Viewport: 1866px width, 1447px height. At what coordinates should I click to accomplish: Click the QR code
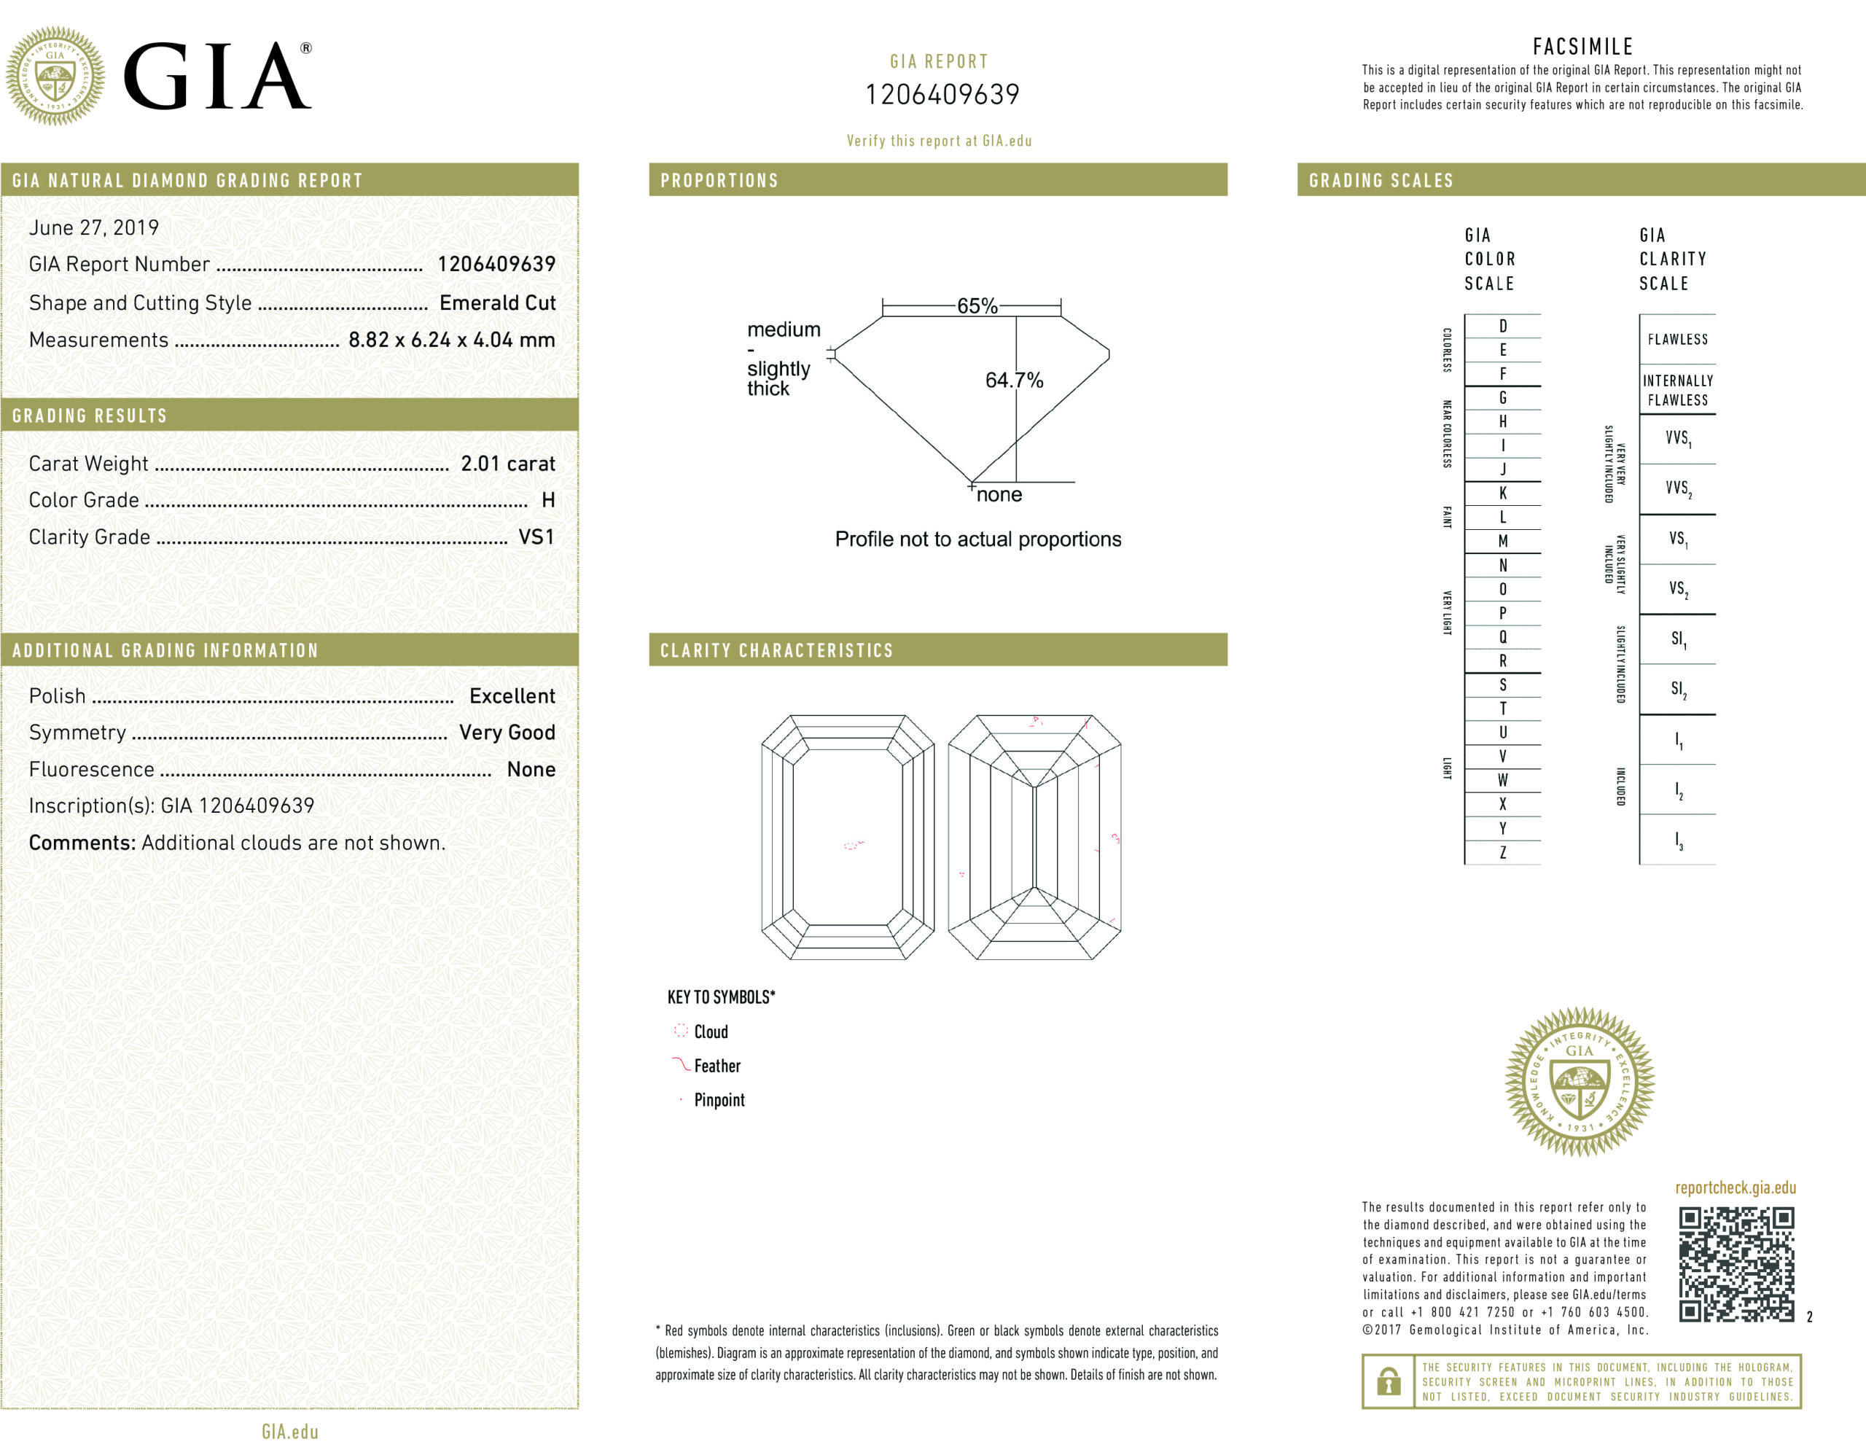[1736, 1264]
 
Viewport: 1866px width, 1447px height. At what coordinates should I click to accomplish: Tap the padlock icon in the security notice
[1389, 1381]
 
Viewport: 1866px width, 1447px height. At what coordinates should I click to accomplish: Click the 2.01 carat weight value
[507, 463]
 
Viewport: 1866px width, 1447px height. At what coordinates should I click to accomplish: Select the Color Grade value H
[547, 500]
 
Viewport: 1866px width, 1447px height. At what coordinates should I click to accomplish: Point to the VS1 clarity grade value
[536, 537]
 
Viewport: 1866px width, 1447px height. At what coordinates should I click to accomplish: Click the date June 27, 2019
[94, 227]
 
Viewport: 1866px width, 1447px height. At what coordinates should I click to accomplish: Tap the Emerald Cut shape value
[497, 303]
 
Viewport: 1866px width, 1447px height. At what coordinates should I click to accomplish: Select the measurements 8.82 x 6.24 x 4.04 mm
[451, 339]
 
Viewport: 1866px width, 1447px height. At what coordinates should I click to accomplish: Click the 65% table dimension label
[977, 306]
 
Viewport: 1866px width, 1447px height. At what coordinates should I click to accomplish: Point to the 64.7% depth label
[1013, 380]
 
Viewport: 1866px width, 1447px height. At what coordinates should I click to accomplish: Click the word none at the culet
[999, 495]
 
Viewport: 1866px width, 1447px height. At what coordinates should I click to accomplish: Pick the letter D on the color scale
[1503, 326]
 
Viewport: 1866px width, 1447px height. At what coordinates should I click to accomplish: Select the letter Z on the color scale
[1503, 852]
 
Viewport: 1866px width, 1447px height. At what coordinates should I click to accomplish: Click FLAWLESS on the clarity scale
[1677, 339]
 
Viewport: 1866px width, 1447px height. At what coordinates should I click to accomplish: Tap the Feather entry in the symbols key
[717, 1066]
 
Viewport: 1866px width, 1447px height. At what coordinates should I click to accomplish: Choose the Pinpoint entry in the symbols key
[719, 1100]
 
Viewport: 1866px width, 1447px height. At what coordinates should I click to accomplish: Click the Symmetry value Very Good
[507, 733]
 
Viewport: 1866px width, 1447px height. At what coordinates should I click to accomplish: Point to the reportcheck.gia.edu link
[1736, 1187]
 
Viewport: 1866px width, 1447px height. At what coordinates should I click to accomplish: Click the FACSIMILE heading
[1582, 46]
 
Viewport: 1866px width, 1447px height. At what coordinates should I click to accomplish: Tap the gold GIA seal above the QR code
[1579, 1081]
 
